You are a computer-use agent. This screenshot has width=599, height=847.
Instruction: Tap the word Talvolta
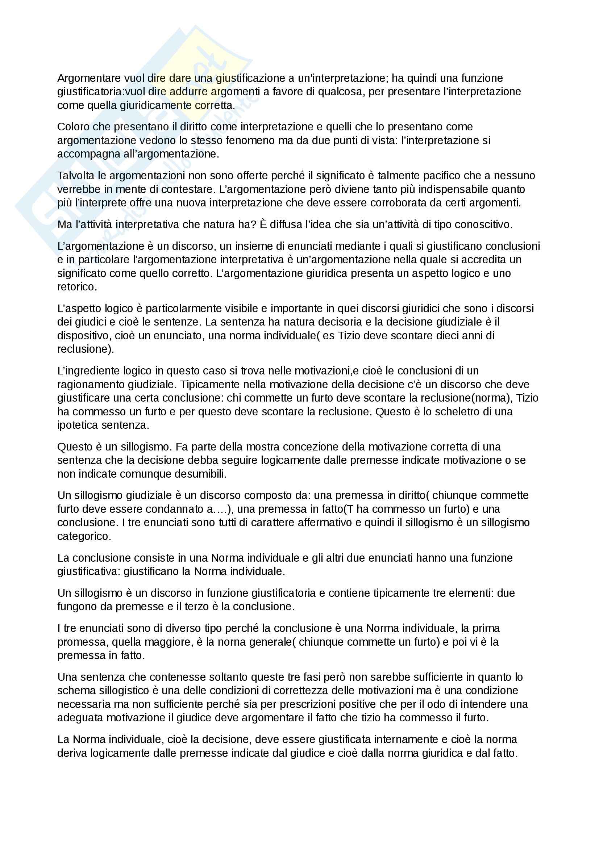click(x=76, y=176)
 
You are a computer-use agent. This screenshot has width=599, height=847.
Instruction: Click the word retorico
click(x=77, y=287)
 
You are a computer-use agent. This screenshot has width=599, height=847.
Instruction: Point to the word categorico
click(x=84, y=536)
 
